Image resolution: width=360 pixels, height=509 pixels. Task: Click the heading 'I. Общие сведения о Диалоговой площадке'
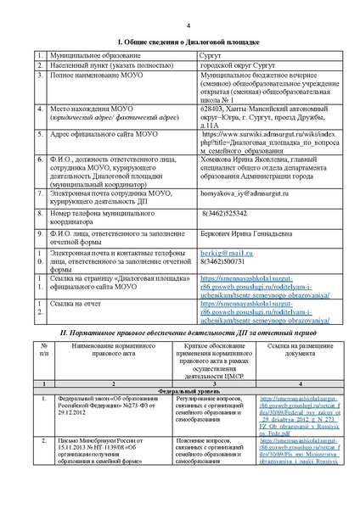click(180, 41)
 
